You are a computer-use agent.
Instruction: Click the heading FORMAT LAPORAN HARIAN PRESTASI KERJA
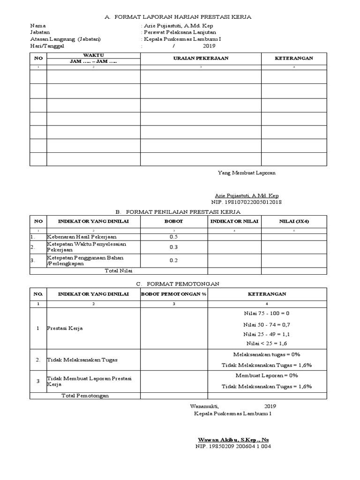(x=183, y=17)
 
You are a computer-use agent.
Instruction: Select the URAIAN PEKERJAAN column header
(x=201, y=58)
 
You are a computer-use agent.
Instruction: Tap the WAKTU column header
(x=93, y=55)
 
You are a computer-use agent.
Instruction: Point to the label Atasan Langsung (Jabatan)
(x=65, y=39)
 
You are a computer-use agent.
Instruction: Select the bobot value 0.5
(x=174, y=237)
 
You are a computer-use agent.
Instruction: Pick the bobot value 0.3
(x=174, y=247)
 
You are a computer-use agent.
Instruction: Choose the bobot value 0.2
(x=174, y=260)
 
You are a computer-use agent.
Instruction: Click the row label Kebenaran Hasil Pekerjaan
(x=82, y=237)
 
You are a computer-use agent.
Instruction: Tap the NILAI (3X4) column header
(x=294, y=221)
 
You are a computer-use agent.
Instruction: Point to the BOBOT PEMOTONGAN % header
(x=173, y=294)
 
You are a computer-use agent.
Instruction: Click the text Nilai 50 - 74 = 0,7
(x=267, y=324)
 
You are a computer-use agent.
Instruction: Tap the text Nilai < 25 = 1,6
(x=267, y=343)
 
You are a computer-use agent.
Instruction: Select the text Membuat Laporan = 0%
(x=267, y=376)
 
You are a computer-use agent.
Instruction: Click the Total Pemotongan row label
(x=85, y=396)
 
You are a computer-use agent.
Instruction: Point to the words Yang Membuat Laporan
(x=247, y=172)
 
